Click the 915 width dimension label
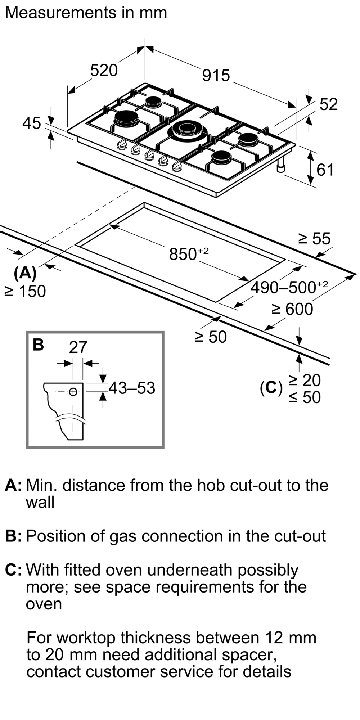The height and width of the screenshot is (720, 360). click(216, 76)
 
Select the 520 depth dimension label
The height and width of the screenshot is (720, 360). click(104, 70)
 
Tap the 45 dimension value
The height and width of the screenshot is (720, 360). click(32, 123)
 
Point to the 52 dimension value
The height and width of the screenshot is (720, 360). click(329, 104)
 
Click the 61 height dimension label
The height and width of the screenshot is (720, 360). click(325, 170)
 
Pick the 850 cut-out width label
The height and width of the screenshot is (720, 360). click(188, 254)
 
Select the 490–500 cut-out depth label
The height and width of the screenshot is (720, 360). click(289, 287)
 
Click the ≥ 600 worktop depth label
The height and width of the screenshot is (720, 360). click(292, 309)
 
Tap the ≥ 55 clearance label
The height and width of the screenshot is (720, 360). click(314, 238)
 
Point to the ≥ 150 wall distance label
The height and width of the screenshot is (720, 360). click(25, 291)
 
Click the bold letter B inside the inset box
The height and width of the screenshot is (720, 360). click(38, 345)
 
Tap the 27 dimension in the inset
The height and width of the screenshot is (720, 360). click(78, 347)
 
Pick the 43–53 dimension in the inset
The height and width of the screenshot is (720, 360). click(132, 388)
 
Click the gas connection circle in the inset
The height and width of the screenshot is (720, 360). click(73, 392)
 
